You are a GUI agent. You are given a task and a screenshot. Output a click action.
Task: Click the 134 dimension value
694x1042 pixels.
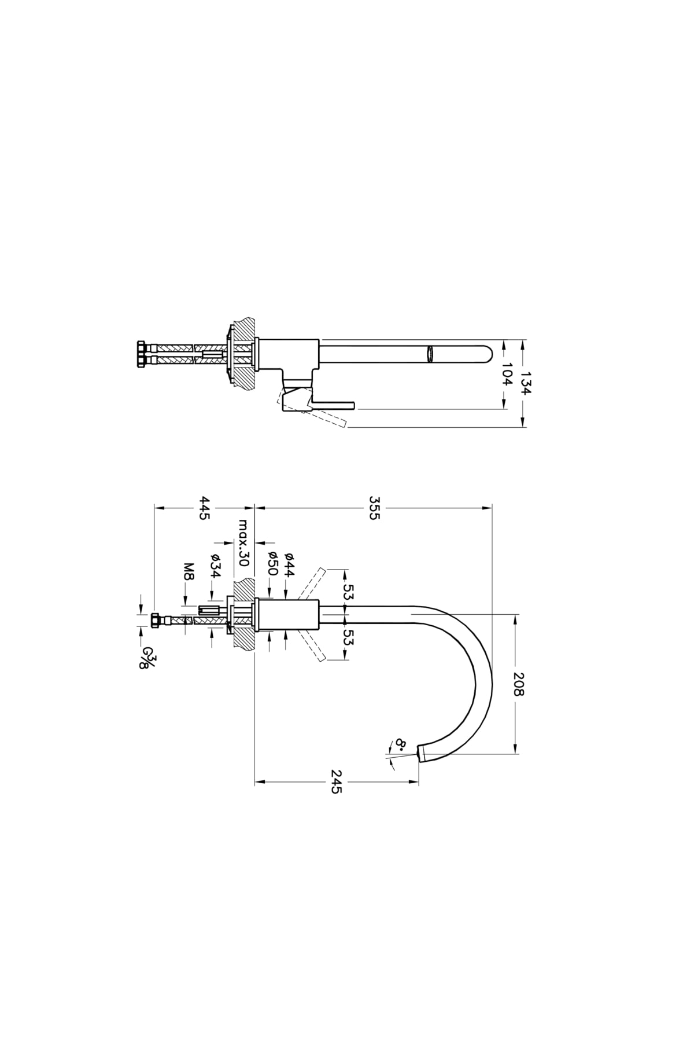pyautogui.click(x=525, y=383)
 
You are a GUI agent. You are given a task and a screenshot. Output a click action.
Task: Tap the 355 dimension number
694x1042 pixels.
pyautogui.click(x=374, y=508)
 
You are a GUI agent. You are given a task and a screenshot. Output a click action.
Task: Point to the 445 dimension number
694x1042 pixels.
pyautogui.click(x=204, y=508)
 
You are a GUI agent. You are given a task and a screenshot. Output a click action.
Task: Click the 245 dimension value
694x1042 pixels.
pyautogui.click(x=336, y=781)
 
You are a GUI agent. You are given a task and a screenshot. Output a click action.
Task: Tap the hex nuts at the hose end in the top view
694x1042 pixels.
pyautogui.click(x=142, y=354)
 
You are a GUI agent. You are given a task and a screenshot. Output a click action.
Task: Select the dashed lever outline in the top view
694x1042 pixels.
pyautogui.click(x=312, y=408)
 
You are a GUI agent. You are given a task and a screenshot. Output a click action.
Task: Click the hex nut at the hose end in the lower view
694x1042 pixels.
pyautogui.click(x=155, y=621)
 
